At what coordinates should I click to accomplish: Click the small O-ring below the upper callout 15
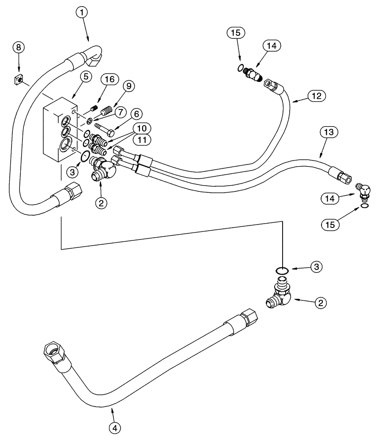pos(240,67)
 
